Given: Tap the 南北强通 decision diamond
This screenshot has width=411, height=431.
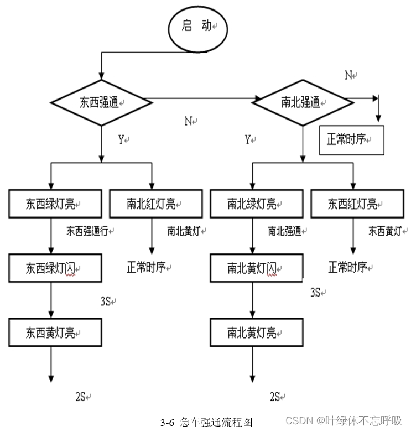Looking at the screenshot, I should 302,102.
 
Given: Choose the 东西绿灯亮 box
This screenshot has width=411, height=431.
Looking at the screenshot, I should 55,204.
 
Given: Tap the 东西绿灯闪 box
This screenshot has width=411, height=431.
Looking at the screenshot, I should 55,268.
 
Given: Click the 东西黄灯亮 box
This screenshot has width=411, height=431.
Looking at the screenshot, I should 55,333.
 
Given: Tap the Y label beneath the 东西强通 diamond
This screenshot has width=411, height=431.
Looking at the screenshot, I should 121,141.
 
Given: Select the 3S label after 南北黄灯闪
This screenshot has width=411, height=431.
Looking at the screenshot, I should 315,292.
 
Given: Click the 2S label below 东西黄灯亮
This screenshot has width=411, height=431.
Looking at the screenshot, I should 80,396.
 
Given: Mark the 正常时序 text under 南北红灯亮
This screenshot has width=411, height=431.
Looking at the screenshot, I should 147,268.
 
